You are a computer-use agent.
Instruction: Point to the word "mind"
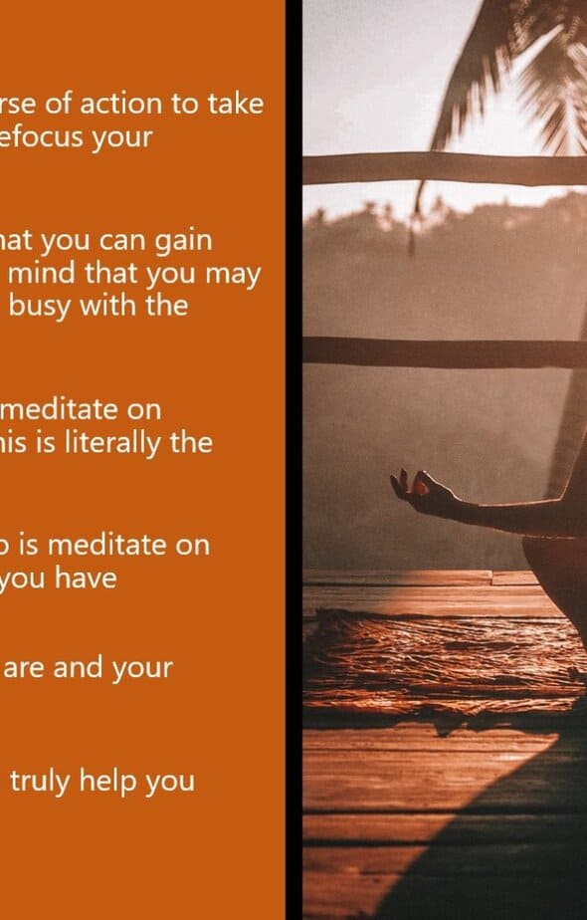(42, 274)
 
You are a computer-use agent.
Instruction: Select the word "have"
(86, 577)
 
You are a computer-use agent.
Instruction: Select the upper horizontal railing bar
(445, 168)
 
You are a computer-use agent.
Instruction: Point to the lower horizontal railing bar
(445, 352)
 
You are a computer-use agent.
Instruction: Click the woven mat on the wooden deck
(445, 663)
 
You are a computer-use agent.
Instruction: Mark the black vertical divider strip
(293, 460)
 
